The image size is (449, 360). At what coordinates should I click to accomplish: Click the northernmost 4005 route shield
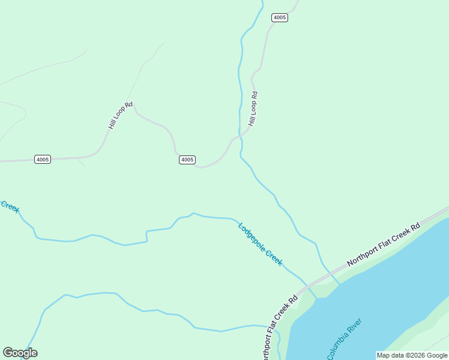pyautogui.click(x=280, y=17)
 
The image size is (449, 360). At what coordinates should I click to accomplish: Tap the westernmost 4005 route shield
pyautogui.click(x=43, y=159)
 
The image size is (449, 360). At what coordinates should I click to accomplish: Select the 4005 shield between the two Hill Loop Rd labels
pyautogui.click(x=187, y=160)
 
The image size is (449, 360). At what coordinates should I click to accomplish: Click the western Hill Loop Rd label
pyautogui.click(x=120, y=115)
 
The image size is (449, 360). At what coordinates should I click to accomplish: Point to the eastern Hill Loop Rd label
pyautogui.click(x=253, y=108)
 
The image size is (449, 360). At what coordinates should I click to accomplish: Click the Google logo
pyautogui.click(x=20, y=353)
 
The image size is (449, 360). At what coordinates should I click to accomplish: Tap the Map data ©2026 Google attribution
pyautogui.click(x=412, y=355)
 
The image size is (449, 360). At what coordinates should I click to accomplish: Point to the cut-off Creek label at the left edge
pyautogui.click(x=10, y=206)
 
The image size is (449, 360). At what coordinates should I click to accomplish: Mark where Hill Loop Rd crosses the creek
pyautogui.click(x=240, y=136)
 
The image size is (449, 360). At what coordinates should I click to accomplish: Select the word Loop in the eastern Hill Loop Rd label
pyautogui.click(x=253, y=109)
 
